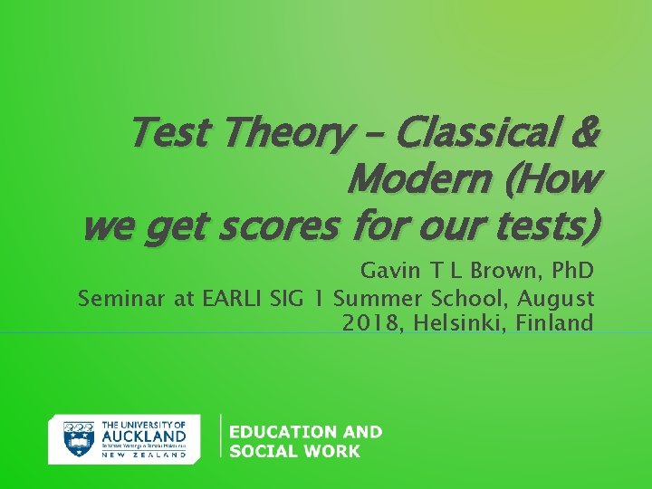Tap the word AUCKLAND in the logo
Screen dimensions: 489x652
(145, 435)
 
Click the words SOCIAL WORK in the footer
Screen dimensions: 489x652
(294, 451)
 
